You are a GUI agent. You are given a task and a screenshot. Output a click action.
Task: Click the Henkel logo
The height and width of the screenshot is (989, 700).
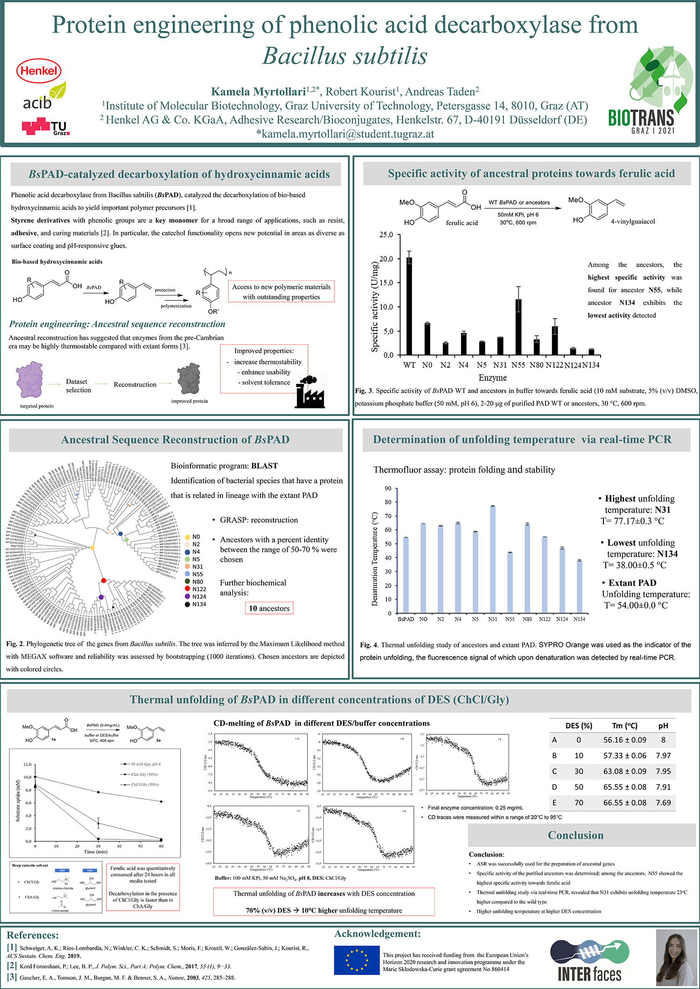coord(39,71)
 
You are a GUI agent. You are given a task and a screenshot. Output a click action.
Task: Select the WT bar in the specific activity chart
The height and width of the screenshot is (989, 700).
coord(409,306)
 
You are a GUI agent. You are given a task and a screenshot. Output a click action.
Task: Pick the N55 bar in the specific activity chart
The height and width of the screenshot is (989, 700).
coord(518,327)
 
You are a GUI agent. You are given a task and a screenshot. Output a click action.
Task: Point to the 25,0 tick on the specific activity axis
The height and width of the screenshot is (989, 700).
coord(386,235)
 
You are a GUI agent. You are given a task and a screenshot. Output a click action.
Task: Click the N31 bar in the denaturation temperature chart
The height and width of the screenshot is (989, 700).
coord(492,559)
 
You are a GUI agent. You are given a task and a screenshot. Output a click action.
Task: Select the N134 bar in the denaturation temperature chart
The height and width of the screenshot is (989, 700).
coord(579,586)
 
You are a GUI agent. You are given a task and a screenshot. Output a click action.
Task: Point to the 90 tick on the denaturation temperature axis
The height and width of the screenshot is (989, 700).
coord(388,488)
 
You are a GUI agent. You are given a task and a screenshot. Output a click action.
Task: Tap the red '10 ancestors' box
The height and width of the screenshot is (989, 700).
coord(269,608)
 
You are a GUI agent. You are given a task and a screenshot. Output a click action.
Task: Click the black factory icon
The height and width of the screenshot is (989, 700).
coord(310,392)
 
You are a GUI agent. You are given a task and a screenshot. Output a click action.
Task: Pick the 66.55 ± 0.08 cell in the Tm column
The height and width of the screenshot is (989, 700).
coord(624,802)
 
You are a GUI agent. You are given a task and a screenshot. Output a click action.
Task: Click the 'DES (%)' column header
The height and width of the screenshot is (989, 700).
coord(578,726)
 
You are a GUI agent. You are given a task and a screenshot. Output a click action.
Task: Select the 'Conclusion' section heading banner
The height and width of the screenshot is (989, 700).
coord(575,835)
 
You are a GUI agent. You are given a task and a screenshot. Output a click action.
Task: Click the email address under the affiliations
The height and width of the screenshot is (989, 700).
coord(345,134)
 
